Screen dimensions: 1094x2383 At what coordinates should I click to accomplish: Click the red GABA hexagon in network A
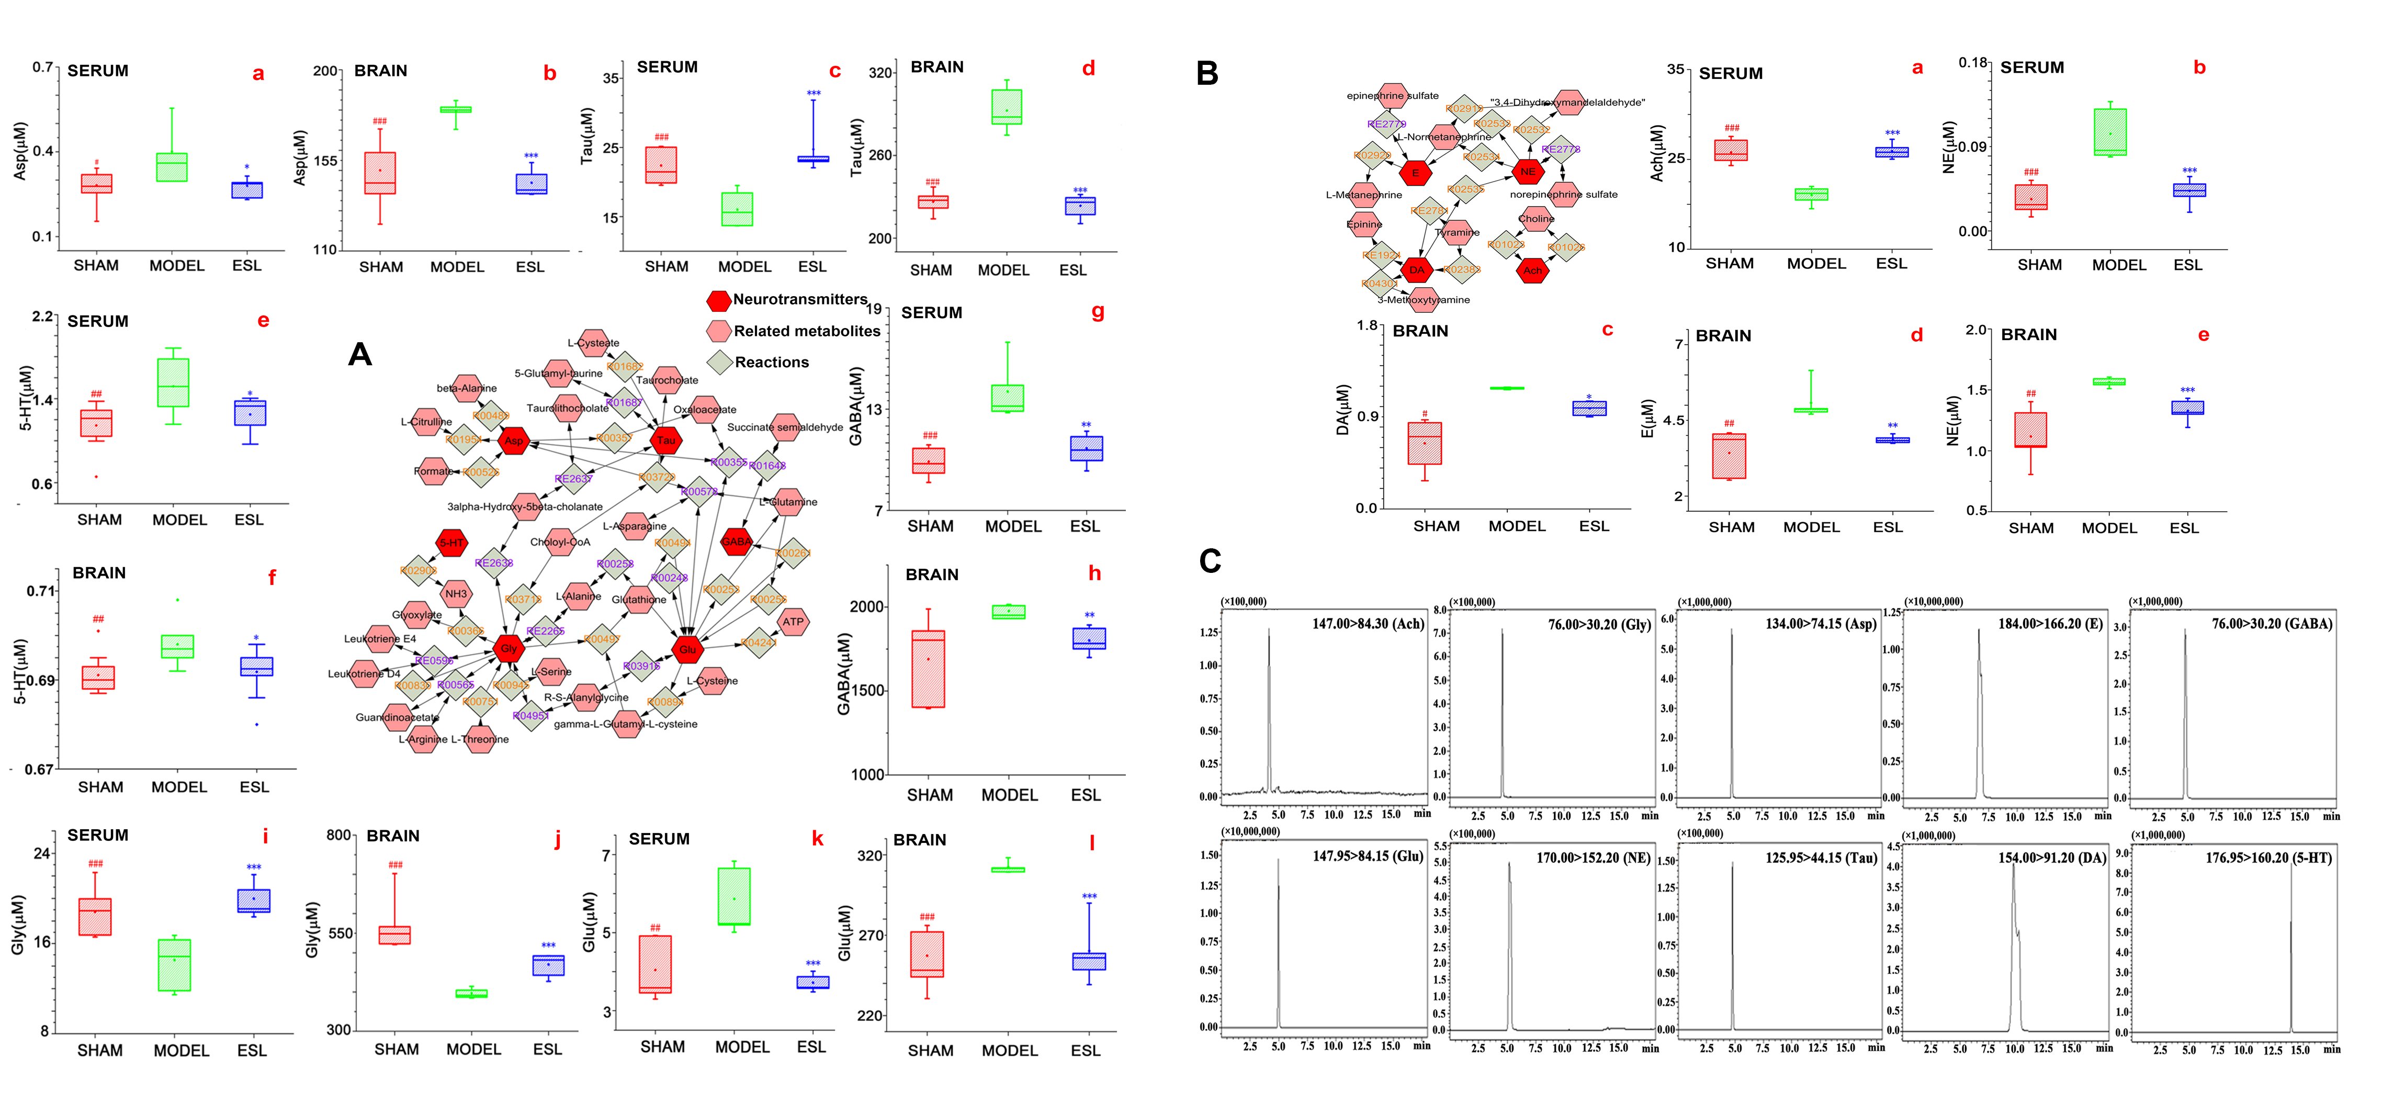(737, 542)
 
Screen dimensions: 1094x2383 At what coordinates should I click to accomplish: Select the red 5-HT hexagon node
(451, 543)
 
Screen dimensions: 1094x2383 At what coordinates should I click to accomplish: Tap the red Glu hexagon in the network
(687, 649)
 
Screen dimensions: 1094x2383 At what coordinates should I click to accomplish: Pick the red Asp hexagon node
(513, 441)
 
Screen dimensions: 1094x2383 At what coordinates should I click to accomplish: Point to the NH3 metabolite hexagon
(456, 594)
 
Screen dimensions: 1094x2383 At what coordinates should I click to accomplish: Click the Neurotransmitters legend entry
(788, 300)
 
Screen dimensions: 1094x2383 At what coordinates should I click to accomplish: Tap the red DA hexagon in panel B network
(1416, 270)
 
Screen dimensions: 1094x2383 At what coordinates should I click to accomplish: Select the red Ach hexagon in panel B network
(1533, 270)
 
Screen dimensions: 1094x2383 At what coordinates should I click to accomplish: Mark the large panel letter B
(1207, 73)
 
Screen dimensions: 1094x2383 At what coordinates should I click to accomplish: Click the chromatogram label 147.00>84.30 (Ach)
(1367, 624)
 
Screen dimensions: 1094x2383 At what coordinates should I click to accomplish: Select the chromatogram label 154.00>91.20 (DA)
(2051, 858)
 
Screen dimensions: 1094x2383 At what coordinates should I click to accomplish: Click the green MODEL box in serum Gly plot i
(175, 965)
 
